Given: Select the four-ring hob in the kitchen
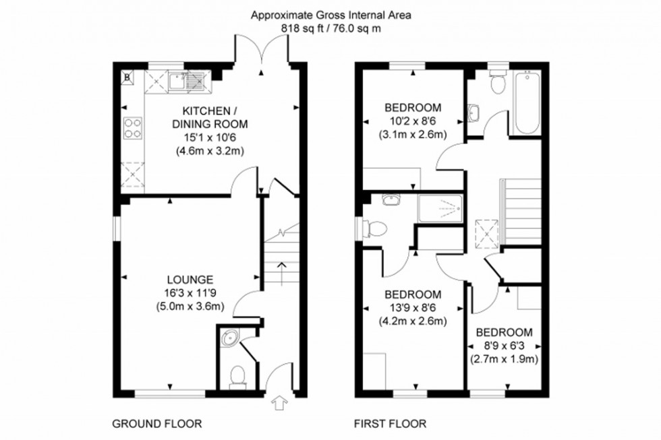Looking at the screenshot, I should click(x=132, y=127).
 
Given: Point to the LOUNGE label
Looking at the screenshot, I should click(x=191, y=279).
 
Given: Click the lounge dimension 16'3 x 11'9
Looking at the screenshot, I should click(x=191, y=292).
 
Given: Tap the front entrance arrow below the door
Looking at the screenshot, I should click(x=278, y=404).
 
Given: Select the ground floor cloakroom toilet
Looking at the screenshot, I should click(x=237, y=377).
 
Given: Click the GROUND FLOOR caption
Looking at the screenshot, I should click(x=156, y=424).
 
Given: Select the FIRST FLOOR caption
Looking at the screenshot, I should click(x=390, y=424).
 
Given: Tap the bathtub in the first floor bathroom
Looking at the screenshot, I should click(x=527, y=104).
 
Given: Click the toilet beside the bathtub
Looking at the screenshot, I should click(x=498, y=84).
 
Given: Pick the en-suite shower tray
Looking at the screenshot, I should click(x=440, y=208).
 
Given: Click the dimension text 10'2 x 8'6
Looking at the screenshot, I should click(x=413, y=121).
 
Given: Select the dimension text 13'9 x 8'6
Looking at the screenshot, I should click(x=413, y=307).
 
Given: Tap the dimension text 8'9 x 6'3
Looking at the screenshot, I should click(x=504, y=346).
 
